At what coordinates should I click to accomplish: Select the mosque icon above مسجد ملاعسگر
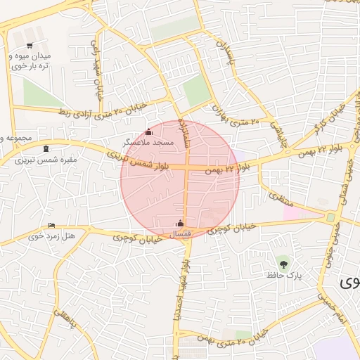click(148, 132)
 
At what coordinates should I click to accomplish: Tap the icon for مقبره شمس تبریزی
click(46, 148)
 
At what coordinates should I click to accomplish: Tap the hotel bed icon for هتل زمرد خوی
click(51, 226)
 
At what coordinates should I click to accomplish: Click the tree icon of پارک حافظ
click(283, 264)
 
